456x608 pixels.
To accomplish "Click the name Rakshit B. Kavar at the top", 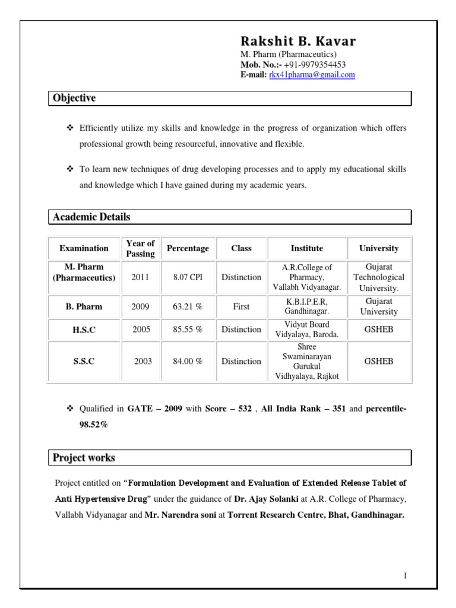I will (298, 42).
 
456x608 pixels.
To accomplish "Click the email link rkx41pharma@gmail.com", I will (312, 75).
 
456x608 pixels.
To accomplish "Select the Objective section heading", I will (74, 98).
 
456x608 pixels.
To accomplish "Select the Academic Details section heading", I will (91, 217).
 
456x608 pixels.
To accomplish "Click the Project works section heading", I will (84, 458).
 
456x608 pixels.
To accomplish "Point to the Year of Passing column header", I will (140, 248).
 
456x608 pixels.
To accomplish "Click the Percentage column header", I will (188, 248).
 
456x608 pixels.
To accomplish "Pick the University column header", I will (379, 248).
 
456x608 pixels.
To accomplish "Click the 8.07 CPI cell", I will (188, 277).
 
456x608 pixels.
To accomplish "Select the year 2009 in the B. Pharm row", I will (140, 307).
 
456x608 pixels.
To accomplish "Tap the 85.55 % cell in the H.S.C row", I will (188, 330).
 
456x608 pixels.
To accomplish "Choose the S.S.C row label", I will (84, 361).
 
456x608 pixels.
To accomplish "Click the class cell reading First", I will (241, 307).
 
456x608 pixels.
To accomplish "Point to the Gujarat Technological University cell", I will (379, 277).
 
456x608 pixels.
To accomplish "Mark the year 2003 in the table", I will (143, 361).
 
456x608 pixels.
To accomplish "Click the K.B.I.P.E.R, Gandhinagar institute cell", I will (307, 307).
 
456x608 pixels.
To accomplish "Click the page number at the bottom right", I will (405, 576).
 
